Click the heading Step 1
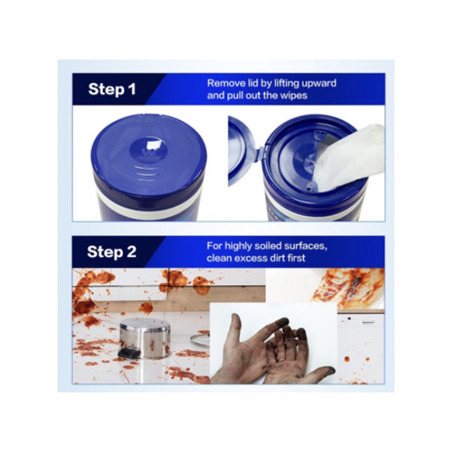[x=112, y=89]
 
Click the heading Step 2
[x=112, y=252]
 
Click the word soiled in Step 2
[x=267, y=246]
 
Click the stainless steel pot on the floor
[x=145, y=339]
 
